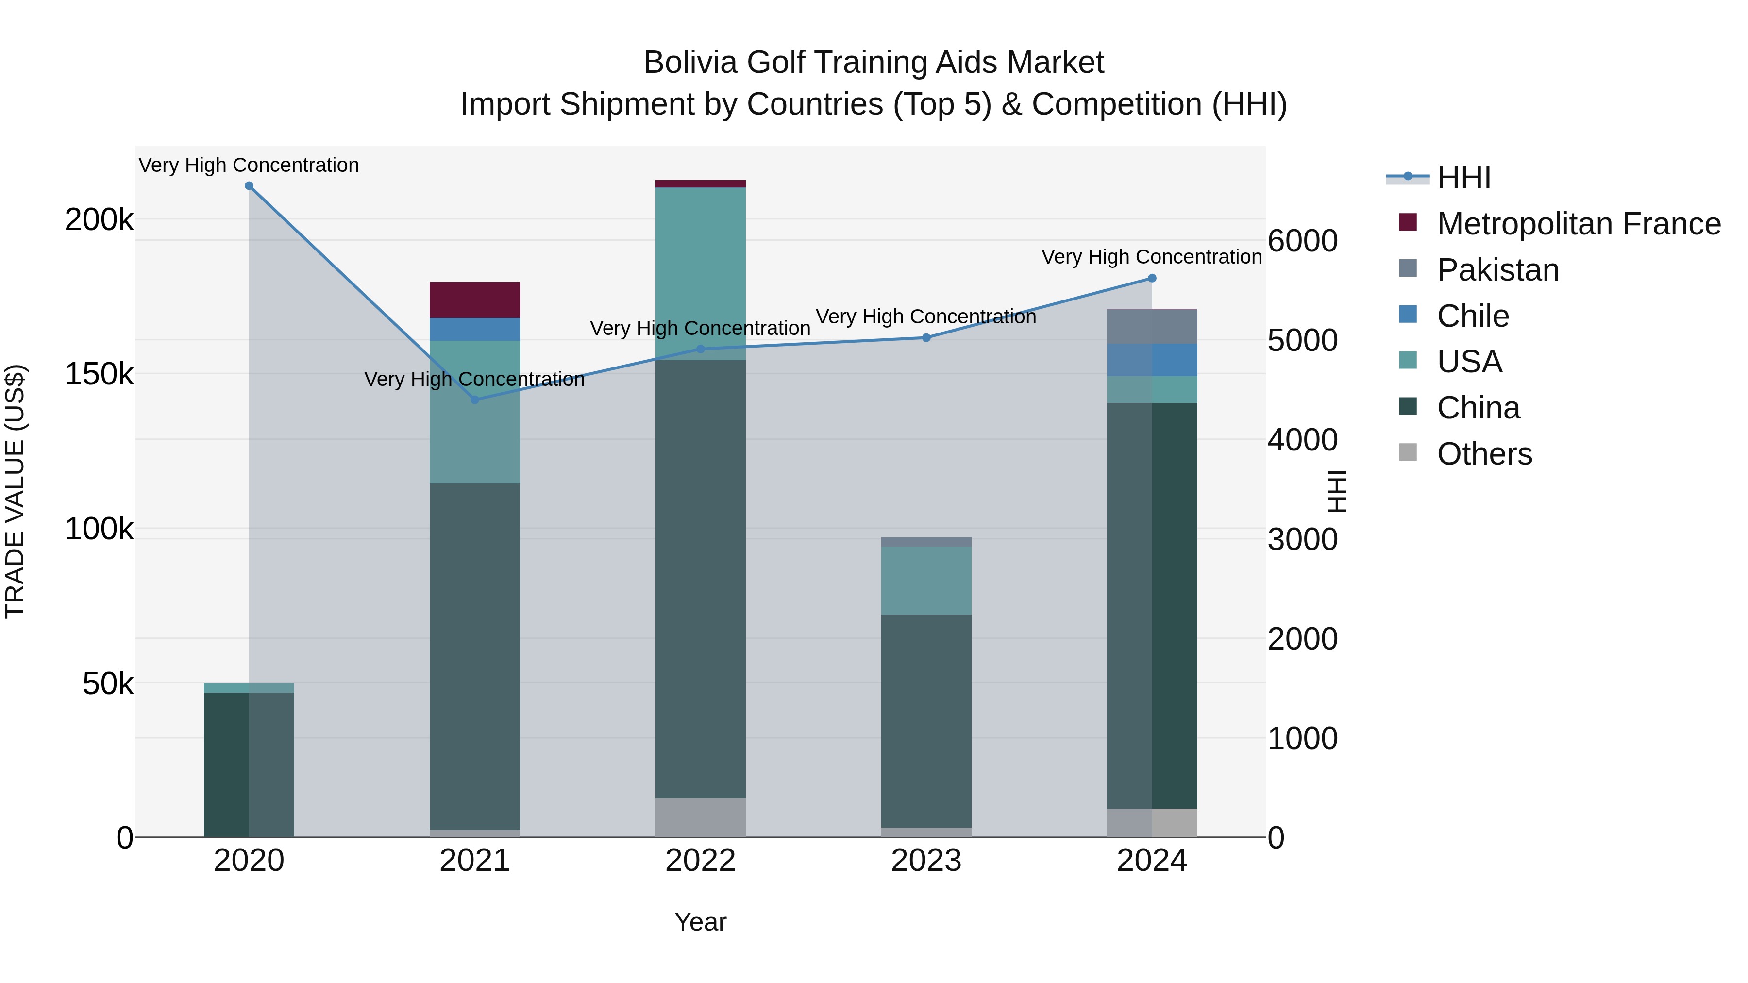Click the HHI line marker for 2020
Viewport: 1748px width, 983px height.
pyautogui.click(x=249, y=186)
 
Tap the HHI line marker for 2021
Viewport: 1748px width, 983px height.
pyautogui.click(x=475, y=400)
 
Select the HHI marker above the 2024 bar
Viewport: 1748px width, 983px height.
pyautogui.click(x=1152, y=278)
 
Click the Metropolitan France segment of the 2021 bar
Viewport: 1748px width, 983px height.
pyautogui.click(x=475, y=300)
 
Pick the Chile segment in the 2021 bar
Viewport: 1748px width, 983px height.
pyautogui.click(x=475, y=329)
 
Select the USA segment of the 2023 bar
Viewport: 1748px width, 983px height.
pyautogui.click(x=926, y=580)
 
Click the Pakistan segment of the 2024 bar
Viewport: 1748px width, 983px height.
pyautogui.click(x=1152, y=326)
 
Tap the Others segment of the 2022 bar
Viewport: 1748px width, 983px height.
pyautogui.click(x=700, y=817)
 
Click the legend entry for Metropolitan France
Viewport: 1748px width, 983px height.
pyautogui.click(x=1579, y=224)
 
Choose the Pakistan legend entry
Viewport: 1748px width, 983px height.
pyautogui.click(x=1497, y=270)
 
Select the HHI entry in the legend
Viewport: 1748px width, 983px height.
pyautogui.click(x=1463, y=178)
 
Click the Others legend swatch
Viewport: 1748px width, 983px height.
pyautogui.click(x=1408, y=452)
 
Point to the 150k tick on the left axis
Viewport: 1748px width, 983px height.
pyautogui.click(x=99, y=374)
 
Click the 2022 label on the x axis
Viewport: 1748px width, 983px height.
pyautogui.click(x=700, y=861)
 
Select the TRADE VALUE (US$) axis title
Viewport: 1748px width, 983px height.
pyautogui.click(x=15, y=491)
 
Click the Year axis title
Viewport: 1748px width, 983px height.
pyautogui.click(x=700, y=922)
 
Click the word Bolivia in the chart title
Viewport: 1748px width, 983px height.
pyautogui.click(x=690, y=63)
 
